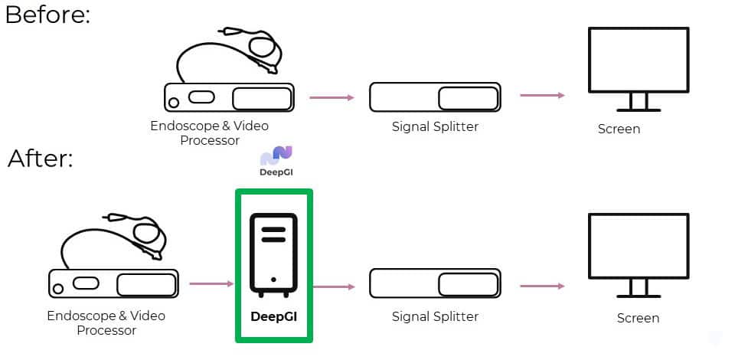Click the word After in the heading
pyautogui.click(x=37, y=159)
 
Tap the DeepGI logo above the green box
pyautogui.click(x=276, y=162)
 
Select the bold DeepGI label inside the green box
pyautogui.click(x=274, y=317)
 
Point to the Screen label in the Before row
pyautogui.click(x=619, y=129)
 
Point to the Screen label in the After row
pyautogui.click(x=638, y=319)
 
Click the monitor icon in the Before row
pyautogui.click(x=639, y=69)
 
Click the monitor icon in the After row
pyautogui.click(x=639, y=255)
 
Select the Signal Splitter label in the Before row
pyautogui.click(x=435, y=126)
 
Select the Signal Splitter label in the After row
pyautogui.click(x=435, y=316)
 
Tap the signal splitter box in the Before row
pyautogui.click(x=435, y=97)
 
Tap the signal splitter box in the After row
pyautogui.click(x=435, y=283)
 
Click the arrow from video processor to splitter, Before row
pyautogui.click(x=332, y=97)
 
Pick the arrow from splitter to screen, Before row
pyautogui.click(x=542, y=95)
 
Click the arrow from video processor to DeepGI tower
pyautogui.click(x=211, y=283)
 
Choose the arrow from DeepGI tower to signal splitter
pyautogui.click(x=334, y=286)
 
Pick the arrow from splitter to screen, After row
pyautogui.click(x=542, y=286)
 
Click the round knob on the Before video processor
pyautogui.click(x=174, y=103)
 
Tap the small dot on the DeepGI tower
pyautogui.click(x=273, y=280)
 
